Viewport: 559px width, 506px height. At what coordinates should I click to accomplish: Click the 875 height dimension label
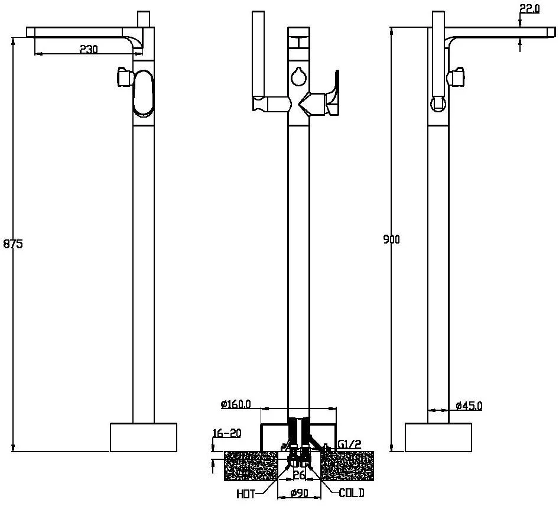[x=13, y=244]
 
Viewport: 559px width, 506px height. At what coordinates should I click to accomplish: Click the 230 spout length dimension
[x=89, y=49]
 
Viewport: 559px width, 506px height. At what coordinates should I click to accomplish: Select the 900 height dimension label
[x=391, y=239]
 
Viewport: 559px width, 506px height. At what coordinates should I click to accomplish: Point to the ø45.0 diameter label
[x=469, y=406]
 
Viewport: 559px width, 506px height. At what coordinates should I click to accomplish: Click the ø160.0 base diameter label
[x=236, y=404]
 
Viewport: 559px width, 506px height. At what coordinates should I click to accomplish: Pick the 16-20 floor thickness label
[x=227, y=433]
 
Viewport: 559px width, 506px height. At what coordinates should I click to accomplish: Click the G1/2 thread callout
[x=349, y=445]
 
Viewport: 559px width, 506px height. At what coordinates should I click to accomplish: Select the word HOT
[x=246, y=494]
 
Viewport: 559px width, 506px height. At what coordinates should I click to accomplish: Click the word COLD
[x=352, y=493]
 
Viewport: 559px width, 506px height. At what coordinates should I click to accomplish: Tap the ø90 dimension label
[x=299, y=493]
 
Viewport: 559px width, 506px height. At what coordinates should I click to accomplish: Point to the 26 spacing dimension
[x=299, y=475]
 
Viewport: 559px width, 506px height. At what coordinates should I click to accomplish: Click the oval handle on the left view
[x=143, y=93]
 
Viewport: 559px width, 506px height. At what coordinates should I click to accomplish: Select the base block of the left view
[x=144, y=437]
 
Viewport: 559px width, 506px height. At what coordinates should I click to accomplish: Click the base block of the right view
[x=438, y=437]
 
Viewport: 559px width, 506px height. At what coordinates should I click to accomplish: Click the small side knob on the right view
[x=456, y=76]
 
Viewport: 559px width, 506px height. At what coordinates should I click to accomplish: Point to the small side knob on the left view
[x=125, y=76]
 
